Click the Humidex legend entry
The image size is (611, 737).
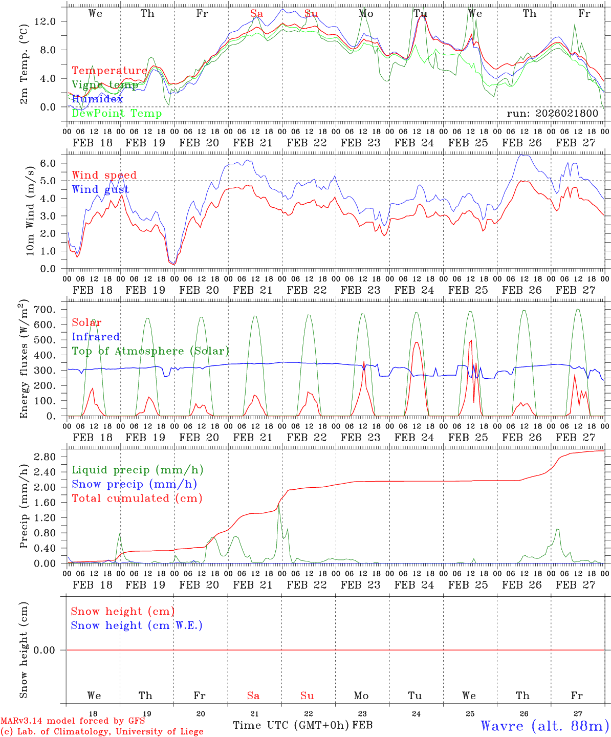(97, 99)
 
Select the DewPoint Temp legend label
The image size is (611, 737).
(117, 113)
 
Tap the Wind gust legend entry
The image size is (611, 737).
(100, 189)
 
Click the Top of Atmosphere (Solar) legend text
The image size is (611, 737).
(150, 351)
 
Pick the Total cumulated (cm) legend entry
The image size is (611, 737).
(137, 498)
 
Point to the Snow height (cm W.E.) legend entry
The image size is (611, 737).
(137, 625)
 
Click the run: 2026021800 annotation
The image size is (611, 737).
(552, 113)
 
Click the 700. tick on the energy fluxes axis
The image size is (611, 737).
(46, 310)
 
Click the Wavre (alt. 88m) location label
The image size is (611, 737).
(545, 726)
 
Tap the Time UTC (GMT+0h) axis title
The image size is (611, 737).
(291, 725)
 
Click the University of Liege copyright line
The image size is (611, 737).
(102, 731)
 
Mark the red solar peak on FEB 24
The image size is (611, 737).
(416, 342)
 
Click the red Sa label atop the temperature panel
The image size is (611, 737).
(256, 13)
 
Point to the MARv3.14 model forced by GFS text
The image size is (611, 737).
(73, 721)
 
